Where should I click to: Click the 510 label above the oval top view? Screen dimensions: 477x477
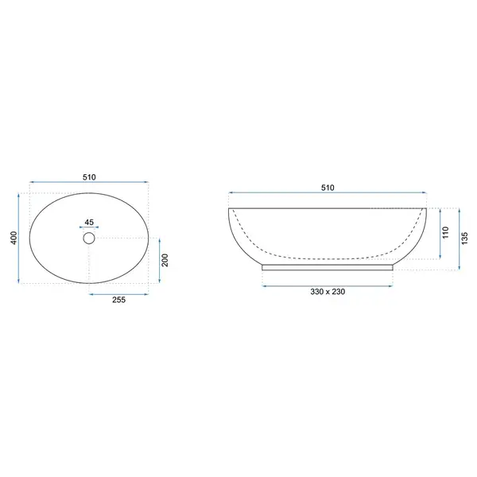[89, 177]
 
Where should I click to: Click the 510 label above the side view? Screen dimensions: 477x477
[328, 188]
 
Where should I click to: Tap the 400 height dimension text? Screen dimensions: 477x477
[14, 238]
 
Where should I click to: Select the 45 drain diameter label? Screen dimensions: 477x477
[89, 223]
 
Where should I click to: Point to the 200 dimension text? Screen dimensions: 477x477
[165, 260]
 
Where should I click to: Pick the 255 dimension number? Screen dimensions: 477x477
[119, 300]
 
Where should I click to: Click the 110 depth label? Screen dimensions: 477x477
[446, 233]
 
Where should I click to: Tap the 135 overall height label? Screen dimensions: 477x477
[464, 238]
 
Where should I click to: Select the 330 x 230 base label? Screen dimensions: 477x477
[328, 292]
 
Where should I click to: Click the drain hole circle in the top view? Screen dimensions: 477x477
[89, 232]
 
